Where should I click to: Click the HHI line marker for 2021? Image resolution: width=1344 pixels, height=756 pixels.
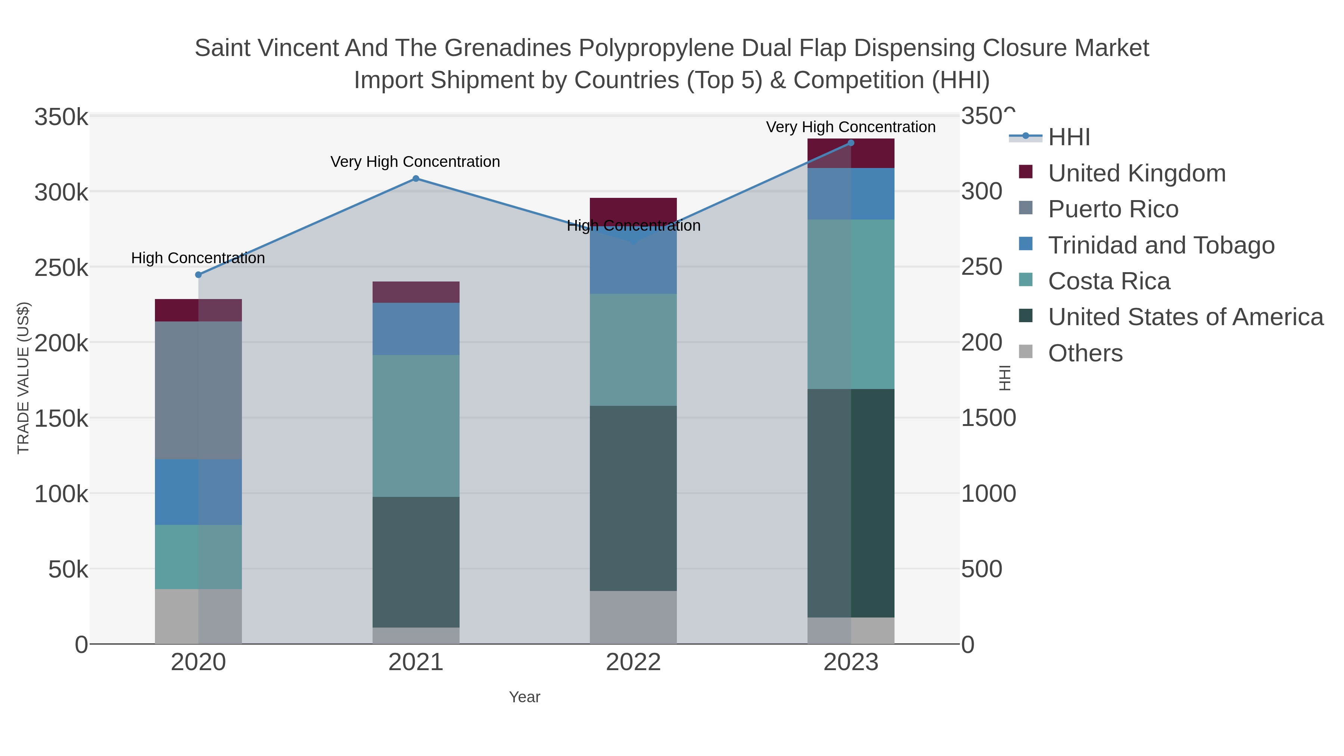416,178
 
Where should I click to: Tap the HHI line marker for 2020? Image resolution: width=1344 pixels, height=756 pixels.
198,275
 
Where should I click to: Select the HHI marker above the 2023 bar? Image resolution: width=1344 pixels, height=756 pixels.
851,143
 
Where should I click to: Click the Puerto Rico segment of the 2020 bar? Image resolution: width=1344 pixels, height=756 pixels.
198,390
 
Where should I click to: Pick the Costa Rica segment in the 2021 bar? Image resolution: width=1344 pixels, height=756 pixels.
416,426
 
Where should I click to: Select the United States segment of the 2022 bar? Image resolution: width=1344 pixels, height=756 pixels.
634,498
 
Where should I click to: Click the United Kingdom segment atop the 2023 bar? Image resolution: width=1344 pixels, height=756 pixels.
851,153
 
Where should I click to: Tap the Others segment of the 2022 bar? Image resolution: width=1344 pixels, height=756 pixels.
634,617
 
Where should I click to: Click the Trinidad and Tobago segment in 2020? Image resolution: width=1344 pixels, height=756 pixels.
198,492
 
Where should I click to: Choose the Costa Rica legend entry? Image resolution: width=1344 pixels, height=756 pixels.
1109,281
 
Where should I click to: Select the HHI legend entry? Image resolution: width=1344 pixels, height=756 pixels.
1068,137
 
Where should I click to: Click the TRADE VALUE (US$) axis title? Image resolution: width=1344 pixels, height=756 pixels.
24,378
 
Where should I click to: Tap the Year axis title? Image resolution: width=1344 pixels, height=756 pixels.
525,697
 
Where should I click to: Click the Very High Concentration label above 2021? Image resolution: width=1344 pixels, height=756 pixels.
415,162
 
